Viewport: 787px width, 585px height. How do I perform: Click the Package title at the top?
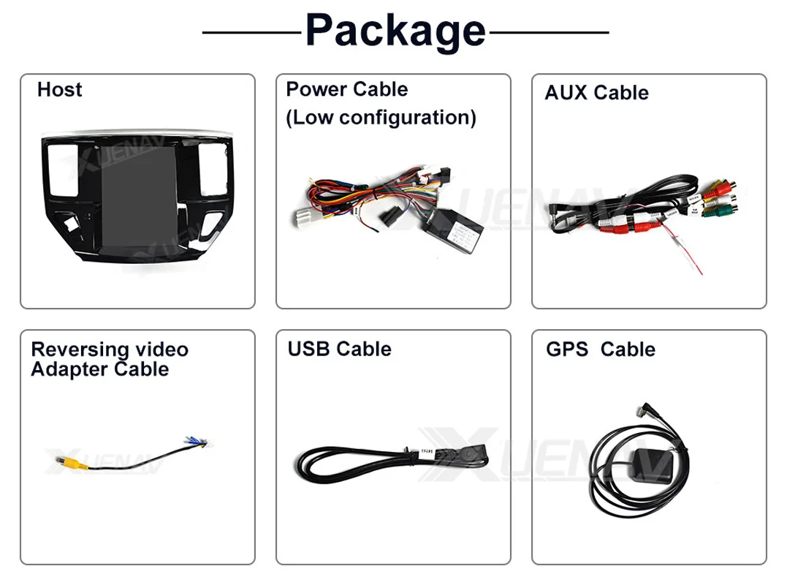pyautogui.click(x=395, y=31)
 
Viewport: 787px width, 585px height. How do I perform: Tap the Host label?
pyautogui.click(x=59, y=90)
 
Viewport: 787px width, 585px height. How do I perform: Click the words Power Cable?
pyautogui.click(x=346, y=90)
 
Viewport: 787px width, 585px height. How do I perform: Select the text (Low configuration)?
pyautogui.click(x=381, y=117)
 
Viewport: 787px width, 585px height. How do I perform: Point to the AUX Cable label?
pyautogui.click(x=596, y=93)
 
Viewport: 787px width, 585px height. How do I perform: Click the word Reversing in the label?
pyautogui.click(x=69, y=350)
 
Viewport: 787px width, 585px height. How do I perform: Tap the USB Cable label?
pyautogui.click(x=339, y=349)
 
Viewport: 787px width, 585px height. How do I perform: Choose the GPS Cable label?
pyautogui.click(x=600, y=350)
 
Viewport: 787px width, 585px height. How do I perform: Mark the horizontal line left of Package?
pyautogui.click(x=251, y=33)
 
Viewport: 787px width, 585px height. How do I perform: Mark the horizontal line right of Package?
pyautogui.click(x=549, y=33)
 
